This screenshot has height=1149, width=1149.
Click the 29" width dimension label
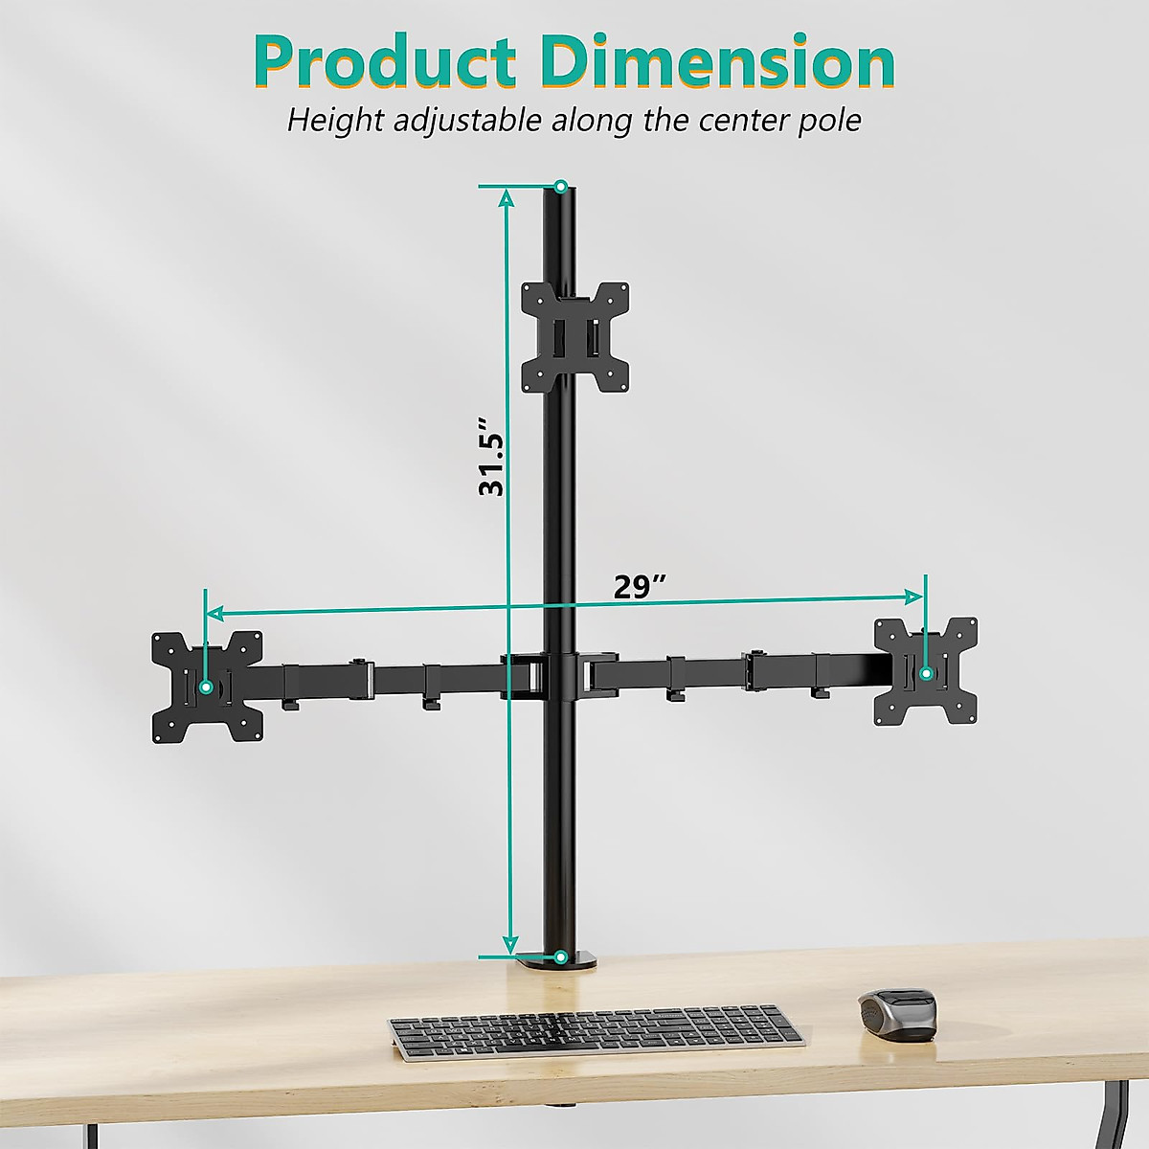coord(640,586)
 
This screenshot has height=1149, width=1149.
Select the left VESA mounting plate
coord(208,687)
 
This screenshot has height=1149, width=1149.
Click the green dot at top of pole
coord(561,186)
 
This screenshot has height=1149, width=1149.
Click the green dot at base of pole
coord(560,956)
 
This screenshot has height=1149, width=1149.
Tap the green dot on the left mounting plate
coord(206,687)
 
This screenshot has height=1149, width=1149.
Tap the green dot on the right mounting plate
coord(926,673)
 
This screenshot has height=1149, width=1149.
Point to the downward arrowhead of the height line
coord(509,944)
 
